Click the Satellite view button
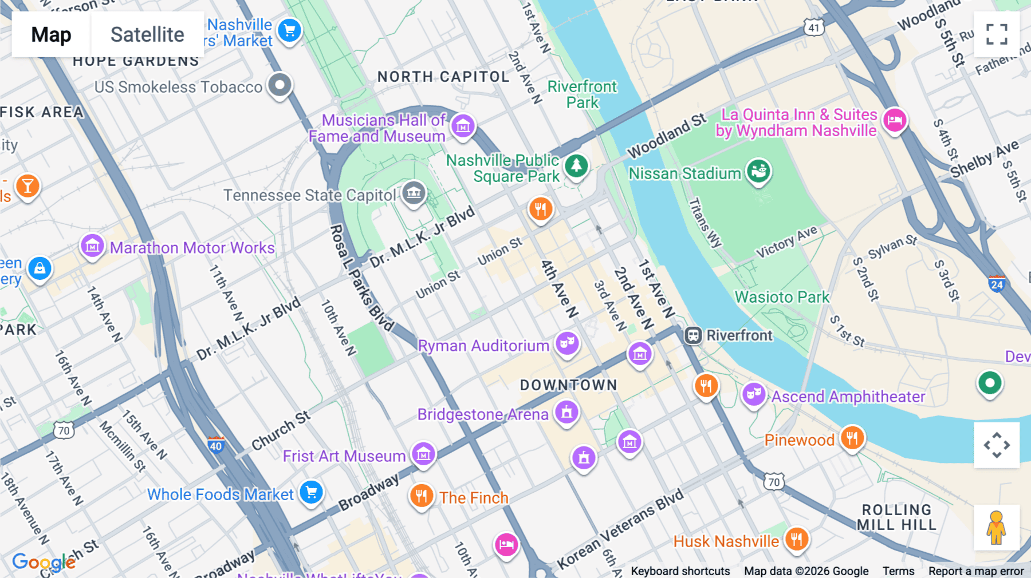(x=147, y=35)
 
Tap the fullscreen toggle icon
(x=997, y=34)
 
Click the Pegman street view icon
(x=996, y=527)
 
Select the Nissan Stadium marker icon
(x=759, y=171)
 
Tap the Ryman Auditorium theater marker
(x=567, y=343)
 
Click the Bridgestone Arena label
(x=482, y=414)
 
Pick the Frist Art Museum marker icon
(x=423, y=454)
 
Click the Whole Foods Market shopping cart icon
(x=312, y=492)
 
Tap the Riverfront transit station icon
(x=693, y=335)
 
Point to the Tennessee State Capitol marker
(x=413, y=193)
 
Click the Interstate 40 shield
(x=216, y=445)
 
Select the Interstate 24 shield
(x=997, y=283)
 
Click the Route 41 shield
(x=814, y=27)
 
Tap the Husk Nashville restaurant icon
(x=796, y=539)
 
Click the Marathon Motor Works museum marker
(x=92, y=246)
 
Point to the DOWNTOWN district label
(x=568, y=385)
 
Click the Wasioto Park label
(x=782, y=297)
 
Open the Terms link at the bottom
(x=898, y=571)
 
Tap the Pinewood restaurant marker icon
(x=852, y=438)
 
